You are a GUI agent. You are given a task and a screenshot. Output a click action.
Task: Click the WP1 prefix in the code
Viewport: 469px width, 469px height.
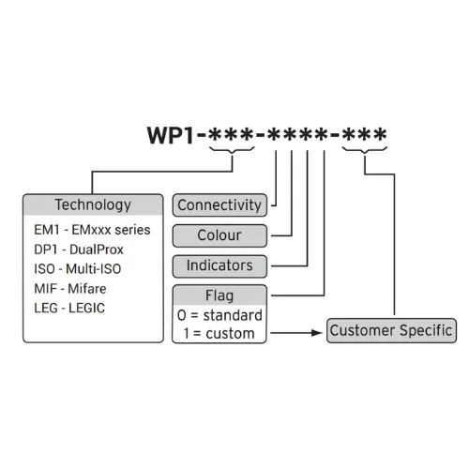[x=171, y=135]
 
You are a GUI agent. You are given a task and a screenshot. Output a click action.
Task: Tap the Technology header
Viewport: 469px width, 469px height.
[x=93, y=204]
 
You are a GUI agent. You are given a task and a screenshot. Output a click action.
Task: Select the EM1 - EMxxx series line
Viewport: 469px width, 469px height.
[x=92, y=230]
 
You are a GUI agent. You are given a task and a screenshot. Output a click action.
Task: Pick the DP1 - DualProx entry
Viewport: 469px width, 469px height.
[x=79, y=250]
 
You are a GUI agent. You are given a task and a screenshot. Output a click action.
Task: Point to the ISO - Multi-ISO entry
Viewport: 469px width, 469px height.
[x=78, y=269]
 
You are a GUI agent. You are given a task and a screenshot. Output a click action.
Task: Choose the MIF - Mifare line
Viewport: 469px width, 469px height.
[x=70, y=289]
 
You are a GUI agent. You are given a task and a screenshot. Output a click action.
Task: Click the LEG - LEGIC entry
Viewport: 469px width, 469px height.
[x=69, y=308]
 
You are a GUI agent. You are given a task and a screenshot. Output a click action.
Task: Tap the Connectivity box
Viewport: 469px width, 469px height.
[x=219, y=205]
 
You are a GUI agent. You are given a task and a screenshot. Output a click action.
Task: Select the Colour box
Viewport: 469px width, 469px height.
[x=219, y=235]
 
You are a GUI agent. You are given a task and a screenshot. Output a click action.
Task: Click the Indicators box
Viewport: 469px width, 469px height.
[x=219, y=266]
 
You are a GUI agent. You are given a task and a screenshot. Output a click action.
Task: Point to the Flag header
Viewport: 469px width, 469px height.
[x=219, y=295]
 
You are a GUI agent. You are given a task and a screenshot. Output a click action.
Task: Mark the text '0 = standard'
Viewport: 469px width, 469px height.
[x=219, y=315]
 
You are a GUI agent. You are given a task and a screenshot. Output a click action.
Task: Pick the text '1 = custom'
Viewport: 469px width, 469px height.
[x=219, y=333]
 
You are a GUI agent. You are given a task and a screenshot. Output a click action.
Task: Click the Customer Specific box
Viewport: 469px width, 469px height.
[x=391, y=330]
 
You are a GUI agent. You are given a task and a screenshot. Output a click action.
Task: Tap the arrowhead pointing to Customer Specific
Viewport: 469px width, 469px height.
[x=317, y=333]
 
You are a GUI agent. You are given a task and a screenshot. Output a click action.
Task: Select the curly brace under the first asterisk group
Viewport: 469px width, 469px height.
[x=232, y=151]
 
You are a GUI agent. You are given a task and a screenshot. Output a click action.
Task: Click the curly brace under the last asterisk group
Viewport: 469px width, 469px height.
[x=365, y=151]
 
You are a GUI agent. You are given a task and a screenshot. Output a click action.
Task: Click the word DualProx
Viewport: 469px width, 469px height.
[x=97, y=250]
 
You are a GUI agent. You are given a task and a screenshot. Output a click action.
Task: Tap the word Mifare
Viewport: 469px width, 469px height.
[x=87, y=289]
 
